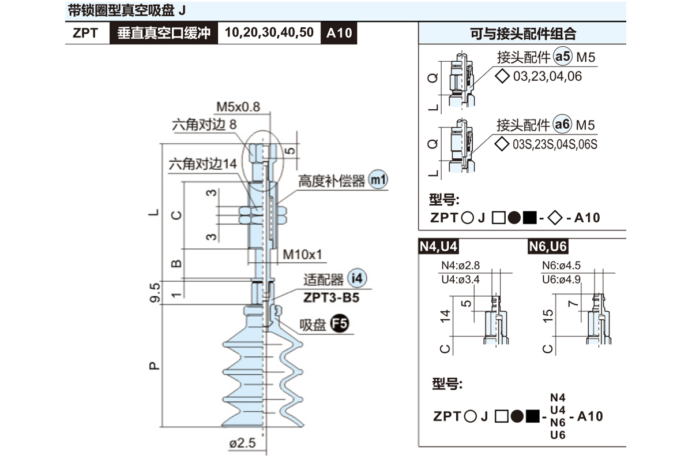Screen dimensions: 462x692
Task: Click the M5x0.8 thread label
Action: [x=238, y=106]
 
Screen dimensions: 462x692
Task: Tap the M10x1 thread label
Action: [x=302, y=255]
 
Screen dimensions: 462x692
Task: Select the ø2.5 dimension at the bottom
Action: [x=242, y=443]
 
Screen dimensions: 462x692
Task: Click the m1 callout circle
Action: [x=378, y=180]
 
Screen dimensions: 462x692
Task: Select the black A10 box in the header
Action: [x=339, y=33]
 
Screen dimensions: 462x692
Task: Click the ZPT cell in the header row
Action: [x=85, y=33]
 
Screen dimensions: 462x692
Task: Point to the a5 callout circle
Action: [x=562, y=57]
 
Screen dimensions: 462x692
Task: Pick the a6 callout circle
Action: [x=562, y=125]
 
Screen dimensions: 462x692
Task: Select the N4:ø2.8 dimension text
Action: [x=460, y=266]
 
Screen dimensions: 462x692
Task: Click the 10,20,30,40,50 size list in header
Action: [x=269, y=32]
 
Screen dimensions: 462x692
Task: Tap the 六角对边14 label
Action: [x=202, y=164]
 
